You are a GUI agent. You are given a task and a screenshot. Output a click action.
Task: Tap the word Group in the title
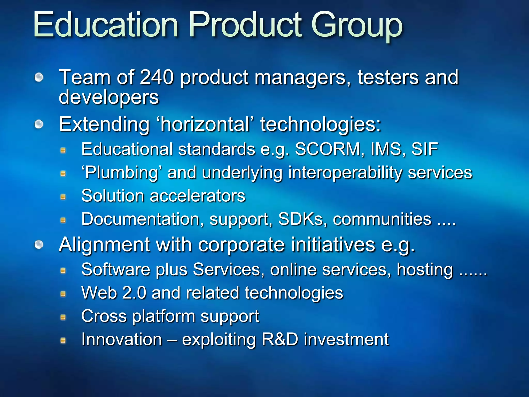tap(357, 26)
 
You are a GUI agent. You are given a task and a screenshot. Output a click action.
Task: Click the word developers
tap(109, 97)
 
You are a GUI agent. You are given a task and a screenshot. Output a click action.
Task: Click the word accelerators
tap(197, 196)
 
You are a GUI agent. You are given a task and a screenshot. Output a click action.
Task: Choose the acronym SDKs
tap(301, 219)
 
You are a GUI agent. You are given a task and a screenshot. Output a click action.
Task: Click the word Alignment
tap(104, 245)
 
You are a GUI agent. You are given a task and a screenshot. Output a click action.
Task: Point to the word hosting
tap(425, 270)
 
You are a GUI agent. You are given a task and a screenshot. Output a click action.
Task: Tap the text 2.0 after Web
tap(134, 293)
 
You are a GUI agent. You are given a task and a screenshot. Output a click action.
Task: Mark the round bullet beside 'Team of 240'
tap(39, 77)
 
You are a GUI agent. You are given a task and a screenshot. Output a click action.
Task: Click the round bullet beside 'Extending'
tap(39, 124)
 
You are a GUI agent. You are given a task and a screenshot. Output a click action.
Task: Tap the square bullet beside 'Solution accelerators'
tap(63, 197)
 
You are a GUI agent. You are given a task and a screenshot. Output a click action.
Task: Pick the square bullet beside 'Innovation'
tap(63, 340)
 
